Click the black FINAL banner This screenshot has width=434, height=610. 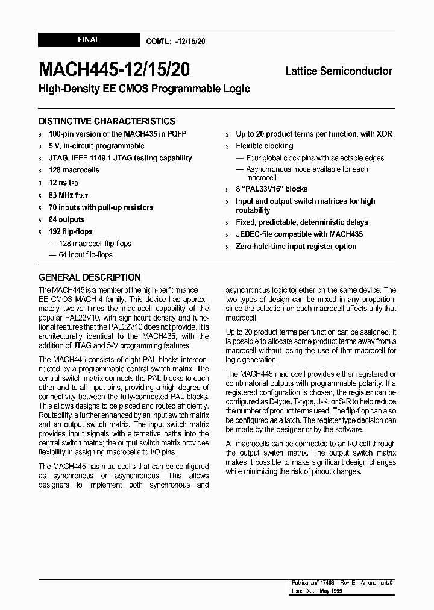pos(89,40)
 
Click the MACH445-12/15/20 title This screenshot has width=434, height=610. pos(114,70)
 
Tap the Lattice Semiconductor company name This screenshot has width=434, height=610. pos(338,71)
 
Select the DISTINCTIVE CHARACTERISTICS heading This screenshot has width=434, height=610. pos(107,121)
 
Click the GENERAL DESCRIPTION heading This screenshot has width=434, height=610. pos(90,277)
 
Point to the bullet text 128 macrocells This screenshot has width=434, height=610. pos(74,170)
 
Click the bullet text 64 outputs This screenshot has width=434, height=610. pos(67,219)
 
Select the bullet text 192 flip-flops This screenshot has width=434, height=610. pos(71,231)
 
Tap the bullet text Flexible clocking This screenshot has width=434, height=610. pos(264,146)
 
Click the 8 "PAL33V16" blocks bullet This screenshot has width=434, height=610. pos(271,189)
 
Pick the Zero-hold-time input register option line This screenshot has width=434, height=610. pos(296,246)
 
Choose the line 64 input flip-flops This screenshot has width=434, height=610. pos(86,254)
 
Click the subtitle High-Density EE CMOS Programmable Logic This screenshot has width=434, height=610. pos(144,89)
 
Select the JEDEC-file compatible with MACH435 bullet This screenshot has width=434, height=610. pos(299,234)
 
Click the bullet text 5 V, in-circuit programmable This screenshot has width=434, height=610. pos(96,146)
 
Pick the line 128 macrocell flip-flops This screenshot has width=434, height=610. pos(95,244)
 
